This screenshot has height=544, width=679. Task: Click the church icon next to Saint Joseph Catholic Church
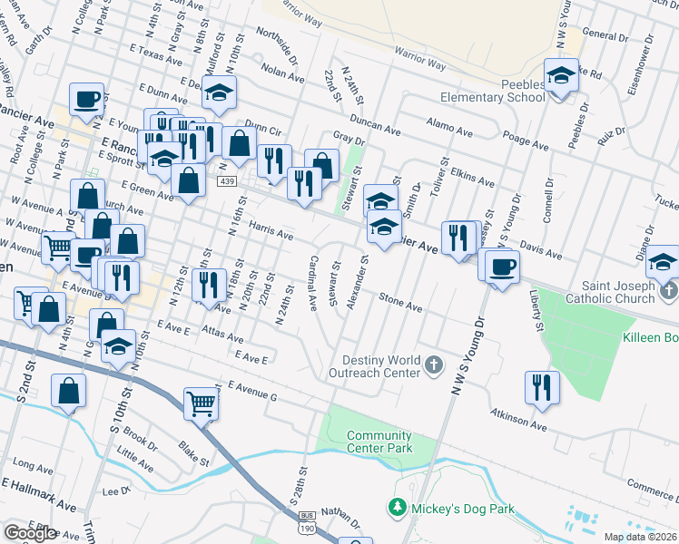tap(670, 291)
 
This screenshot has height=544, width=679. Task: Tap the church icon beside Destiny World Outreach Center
tap(435, 365)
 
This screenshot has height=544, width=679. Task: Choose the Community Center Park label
tap(379, 442)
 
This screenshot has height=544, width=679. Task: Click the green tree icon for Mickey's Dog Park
tap(396, 508)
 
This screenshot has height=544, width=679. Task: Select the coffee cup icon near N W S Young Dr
tap(501, 266)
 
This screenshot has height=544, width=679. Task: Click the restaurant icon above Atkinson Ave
tap(541, 386)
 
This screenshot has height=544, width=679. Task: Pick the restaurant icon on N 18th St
tap(211, 285)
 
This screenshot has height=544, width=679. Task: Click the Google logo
tap(30, 533)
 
